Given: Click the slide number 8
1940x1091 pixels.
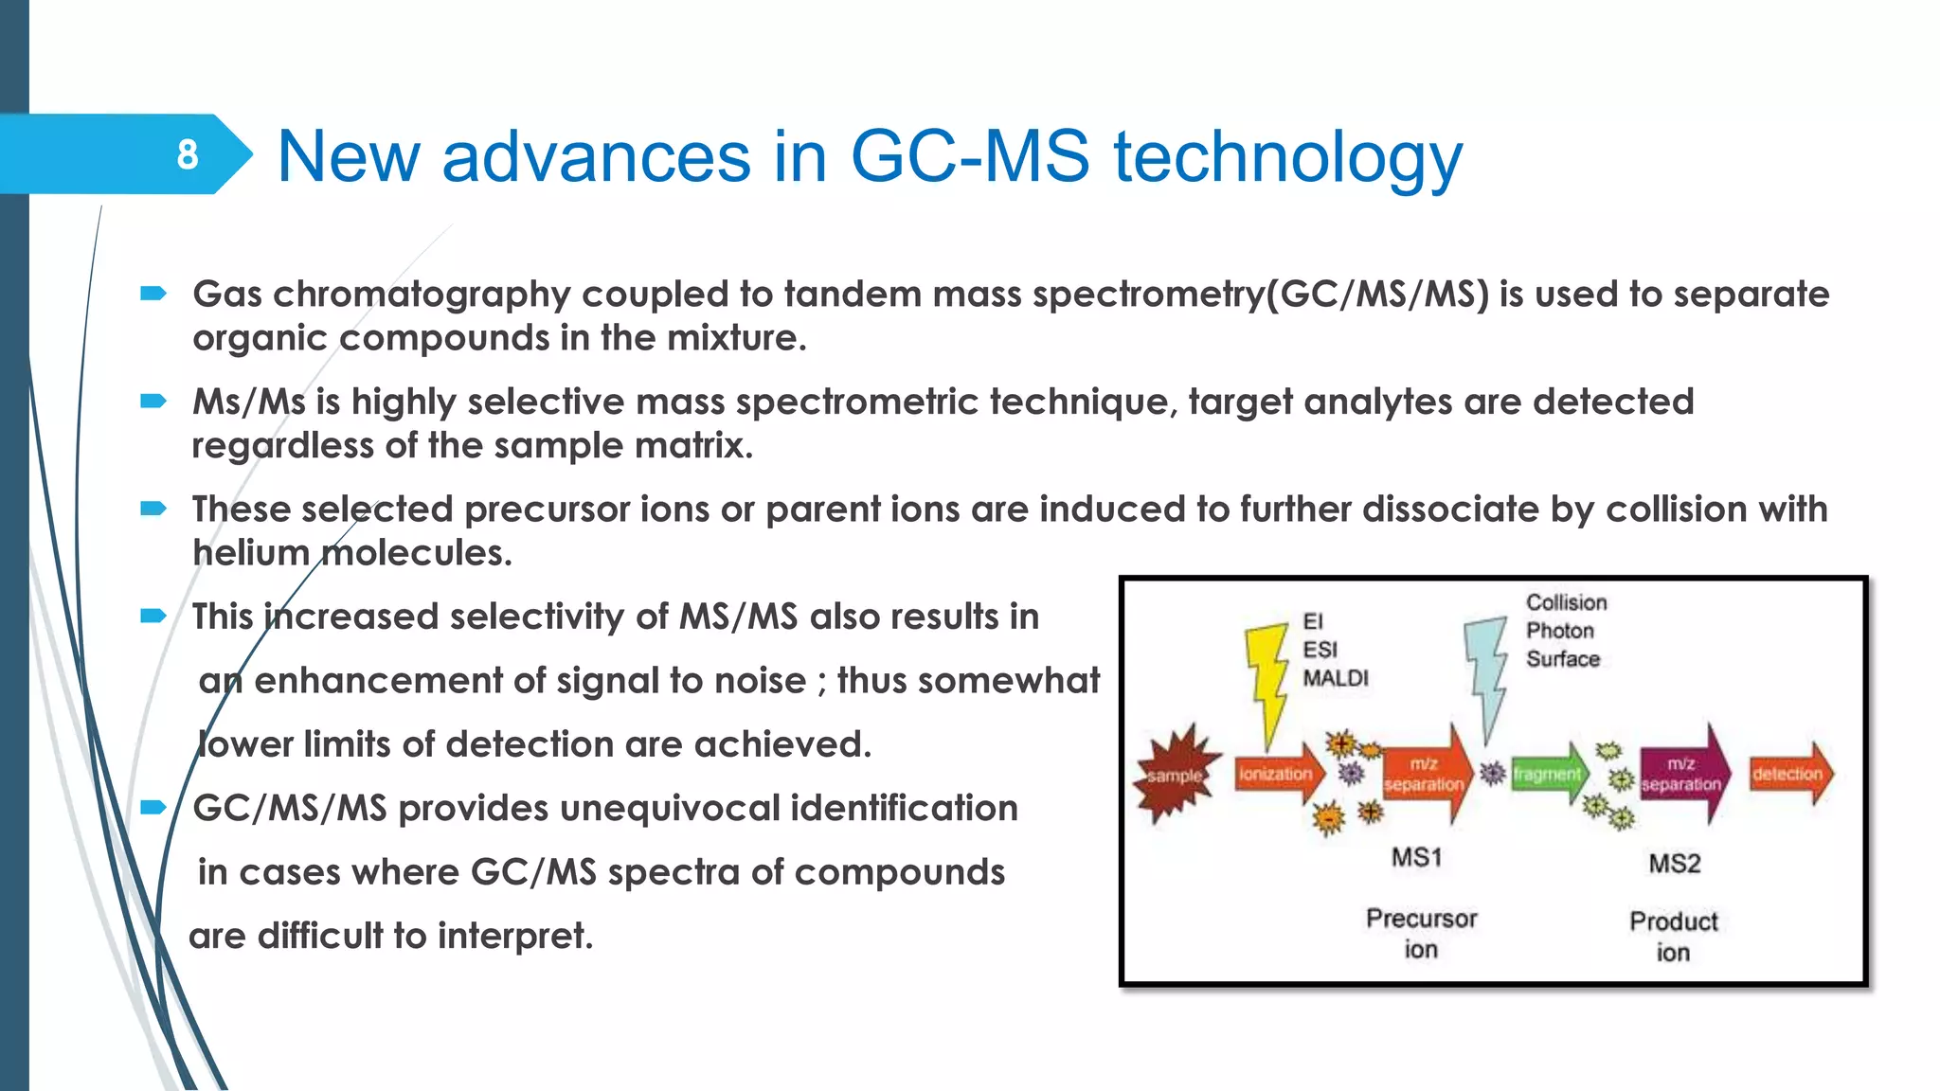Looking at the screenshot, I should point(188,154).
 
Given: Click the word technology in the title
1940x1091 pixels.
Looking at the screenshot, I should point(1287,157).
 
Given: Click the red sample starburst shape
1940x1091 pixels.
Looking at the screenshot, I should point(1176,775).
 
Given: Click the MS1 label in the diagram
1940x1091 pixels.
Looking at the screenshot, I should point(1416,858).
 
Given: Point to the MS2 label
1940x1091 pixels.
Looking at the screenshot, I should point(1674,864).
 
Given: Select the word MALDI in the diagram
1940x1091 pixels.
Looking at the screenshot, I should point(1335,678).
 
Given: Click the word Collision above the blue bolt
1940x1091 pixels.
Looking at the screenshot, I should point(1566,602).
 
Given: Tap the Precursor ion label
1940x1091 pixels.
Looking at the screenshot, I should point(1421,933).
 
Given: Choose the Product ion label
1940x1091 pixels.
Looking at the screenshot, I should point(1673,936).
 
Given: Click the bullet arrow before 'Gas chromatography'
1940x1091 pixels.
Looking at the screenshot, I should point(153,294).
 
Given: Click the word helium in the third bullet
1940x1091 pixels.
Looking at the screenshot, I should point(250,553).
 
